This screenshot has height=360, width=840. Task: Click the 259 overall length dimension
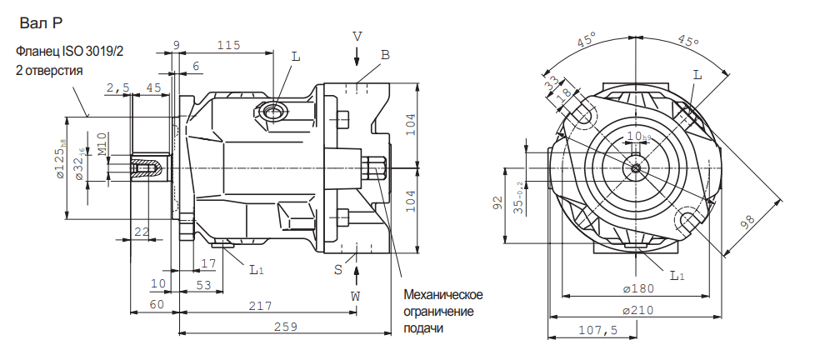286,327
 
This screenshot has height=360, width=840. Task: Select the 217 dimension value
261,307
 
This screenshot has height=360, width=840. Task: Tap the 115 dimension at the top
228,45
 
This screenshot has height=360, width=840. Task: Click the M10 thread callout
102,143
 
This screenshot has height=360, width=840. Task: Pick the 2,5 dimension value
117,87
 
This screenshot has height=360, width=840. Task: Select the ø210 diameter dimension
637,311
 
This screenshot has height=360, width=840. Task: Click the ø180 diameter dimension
637,288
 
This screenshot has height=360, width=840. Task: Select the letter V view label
357,37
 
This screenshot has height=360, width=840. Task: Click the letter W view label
356,296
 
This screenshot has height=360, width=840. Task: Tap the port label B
385,55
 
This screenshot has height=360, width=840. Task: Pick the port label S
338,270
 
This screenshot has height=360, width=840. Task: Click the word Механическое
442,295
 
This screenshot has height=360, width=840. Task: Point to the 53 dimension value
202,285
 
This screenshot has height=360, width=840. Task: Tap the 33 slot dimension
550,85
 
